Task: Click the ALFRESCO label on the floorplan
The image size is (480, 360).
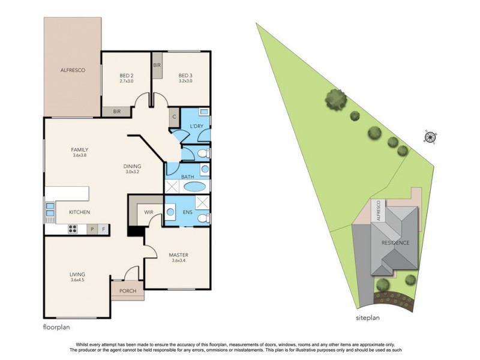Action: tap(73, 70)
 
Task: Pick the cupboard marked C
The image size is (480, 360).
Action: tap(174, 117)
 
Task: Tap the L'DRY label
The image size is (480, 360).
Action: tap(196, 126)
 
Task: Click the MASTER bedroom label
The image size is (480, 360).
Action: tap(179, 257)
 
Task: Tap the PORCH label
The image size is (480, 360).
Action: tap(128, 292)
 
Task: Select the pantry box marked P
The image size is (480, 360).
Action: tap(92, 229)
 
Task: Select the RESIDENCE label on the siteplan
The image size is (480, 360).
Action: tap(395, 243)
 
